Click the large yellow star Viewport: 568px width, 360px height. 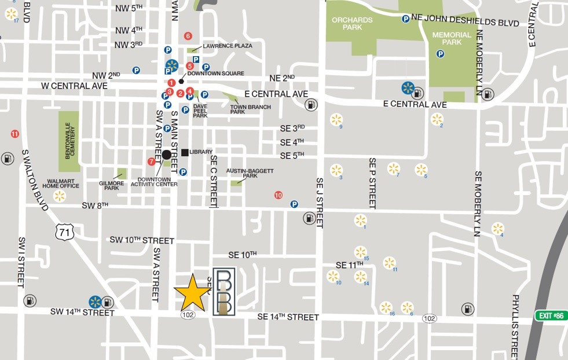tap(193, 293)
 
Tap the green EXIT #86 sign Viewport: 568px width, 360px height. tap(549, 315)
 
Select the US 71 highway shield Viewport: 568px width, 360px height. tap(64, 232)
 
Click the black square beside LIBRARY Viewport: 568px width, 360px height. tap(185, 152)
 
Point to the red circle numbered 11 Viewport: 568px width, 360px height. tap(15, 134)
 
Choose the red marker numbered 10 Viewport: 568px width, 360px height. tap(278, 195)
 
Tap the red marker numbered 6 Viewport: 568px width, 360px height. tap(188, 36)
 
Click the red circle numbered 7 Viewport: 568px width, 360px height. tap(152, 161)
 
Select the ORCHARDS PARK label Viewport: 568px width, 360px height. tap(352, 24)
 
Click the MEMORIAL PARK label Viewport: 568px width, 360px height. tap(452, 39)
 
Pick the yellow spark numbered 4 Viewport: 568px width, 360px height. tap(497, 228)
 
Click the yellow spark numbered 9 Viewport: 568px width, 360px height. tap(336, 120)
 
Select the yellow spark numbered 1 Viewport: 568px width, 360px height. tap(360, 220)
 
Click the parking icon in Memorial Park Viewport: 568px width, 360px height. tap(440, 54)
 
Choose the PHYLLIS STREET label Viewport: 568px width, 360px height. tap(515, 325)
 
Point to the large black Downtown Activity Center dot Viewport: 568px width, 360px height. tap(167, 155)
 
